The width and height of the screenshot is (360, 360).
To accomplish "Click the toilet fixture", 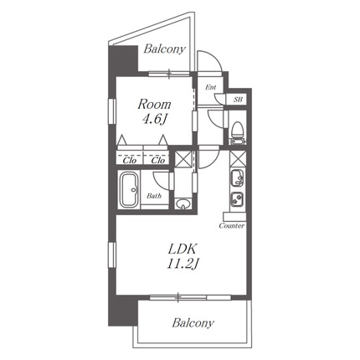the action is tap(238, 132).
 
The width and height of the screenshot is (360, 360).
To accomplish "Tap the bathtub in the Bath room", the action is tap(129, 190).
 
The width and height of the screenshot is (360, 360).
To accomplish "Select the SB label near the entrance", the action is tap(238, 99).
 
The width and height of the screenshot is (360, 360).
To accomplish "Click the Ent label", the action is tap(211, 87).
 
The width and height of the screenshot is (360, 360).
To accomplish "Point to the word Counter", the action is tap(232, 225).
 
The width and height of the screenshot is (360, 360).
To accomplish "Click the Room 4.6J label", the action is tap(154, 111).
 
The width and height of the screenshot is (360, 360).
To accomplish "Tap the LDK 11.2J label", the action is tap(183, 257).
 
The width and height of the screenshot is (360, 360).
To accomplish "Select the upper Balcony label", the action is tap(165, 49).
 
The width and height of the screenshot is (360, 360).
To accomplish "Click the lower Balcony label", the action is tap(193, 323).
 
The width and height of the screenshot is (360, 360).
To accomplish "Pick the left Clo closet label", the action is tap(130, 161).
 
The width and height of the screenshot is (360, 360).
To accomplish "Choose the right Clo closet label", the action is tap(158, 161).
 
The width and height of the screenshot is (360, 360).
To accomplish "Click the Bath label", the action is tap(154, 196).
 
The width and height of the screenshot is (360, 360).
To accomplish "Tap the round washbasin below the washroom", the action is tap(183, 203).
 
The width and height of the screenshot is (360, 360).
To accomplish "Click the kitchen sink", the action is tap(237, 177).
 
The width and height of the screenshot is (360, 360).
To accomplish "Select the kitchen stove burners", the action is tap(237, 200).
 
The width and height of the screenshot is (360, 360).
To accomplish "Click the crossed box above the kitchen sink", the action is tap(238, 158).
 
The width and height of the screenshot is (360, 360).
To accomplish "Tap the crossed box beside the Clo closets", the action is tap(183, 158).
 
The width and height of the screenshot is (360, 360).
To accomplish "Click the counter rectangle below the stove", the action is tap(234, 217).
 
